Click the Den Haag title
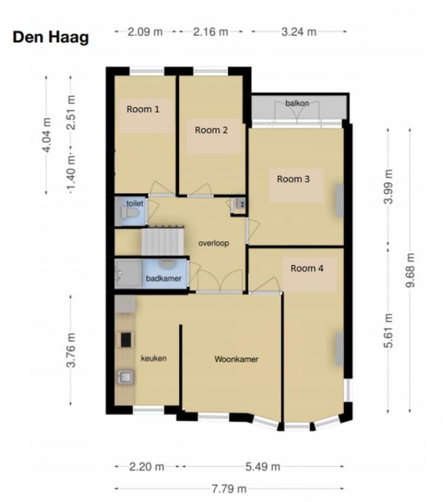[50, 37]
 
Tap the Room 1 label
[143, 109]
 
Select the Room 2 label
[211, 130]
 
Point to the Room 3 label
[293, 179]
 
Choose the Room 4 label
[307, 268]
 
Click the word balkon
[297, 103]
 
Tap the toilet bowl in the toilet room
[130, 213]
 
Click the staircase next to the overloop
[163, 240]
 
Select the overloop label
[214, 243]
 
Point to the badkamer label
[163, 279]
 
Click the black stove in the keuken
[126, 340]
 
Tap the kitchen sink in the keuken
[126, 377]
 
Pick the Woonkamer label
[236, 359]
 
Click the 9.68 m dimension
[410, 270]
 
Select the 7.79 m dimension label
[229, 489]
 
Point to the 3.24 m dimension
[299, 32]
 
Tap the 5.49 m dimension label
[263, 467]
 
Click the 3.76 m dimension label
[71, 350]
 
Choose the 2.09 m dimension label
[145, 32]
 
